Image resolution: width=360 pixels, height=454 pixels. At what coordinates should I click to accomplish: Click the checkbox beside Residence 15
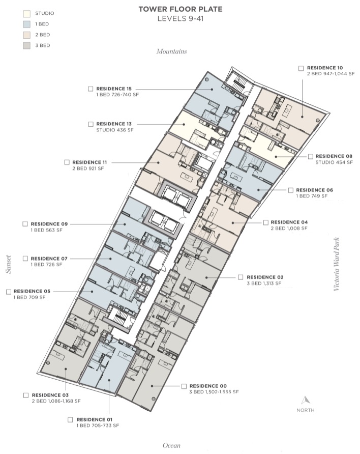point(91,89)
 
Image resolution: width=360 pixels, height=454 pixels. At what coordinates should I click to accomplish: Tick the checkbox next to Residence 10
point(301,68)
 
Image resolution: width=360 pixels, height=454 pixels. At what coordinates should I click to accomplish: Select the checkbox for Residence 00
point(184,386)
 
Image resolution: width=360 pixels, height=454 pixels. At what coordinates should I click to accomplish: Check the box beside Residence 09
point(25,224)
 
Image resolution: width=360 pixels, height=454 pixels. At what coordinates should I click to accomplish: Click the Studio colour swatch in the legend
point(26,13)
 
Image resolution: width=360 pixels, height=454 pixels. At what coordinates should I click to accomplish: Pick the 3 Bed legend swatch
point(26,45)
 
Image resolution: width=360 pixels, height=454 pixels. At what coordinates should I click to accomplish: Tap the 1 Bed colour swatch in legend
point(26,24)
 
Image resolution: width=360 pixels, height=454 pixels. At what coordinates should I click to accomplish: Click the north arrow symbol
point(306,401)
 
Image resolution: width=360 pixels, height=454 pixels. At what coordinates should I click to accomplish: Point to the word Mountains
point(172,51)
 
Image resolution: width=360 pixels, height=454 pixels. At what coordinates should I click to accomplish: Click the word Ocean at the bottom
point(171,445)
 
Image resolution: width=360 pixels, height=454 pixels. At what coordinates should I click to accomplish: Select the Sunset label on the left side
point(9,264)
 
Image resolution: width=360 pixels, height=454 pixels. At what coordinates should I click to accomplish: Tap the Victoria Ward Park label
point(336,264)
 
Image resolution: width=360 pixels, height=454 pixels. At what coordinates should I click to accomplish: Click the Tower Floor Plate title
point(181,9)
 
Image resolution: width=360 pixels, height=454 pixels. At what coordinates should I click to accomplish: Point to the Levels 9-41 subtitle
point(181,19)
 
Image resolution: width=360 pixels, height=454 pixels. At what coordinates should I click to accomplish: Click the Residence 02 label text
point(265,277)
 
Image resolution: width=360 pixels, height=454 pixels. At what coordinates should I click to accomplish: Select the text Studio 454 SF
point(334,162)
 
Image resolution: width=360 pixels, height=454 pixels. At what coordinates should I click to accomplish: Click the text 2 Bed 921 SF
point(88,168)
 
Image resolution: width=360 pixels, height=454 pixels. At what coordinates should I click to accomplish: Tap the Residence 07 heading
point(49,259)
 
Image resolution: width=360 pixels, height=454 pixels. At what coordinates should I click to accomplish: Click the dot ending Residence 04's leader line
point(233,223)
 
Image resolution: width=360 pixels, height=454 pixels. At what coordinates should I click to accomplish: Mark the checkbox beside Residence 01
point(70,420)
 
